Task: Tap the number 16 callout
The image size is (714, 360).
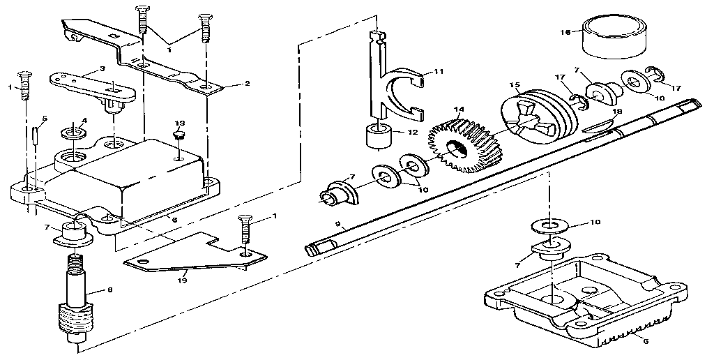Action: click(566, 32)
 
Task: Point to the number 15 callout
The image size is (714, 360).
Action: click(515, 86)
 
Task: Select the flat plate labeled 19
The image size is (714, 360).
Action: click(195, 255)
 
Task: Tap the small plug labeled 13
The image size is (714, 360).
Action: click(179, 135)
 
